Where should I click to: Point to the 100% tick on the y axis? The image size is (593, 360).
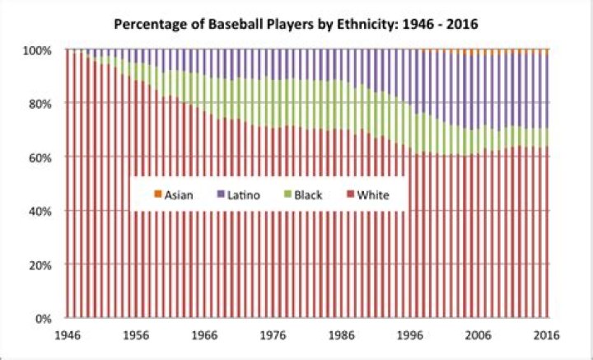39,50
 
